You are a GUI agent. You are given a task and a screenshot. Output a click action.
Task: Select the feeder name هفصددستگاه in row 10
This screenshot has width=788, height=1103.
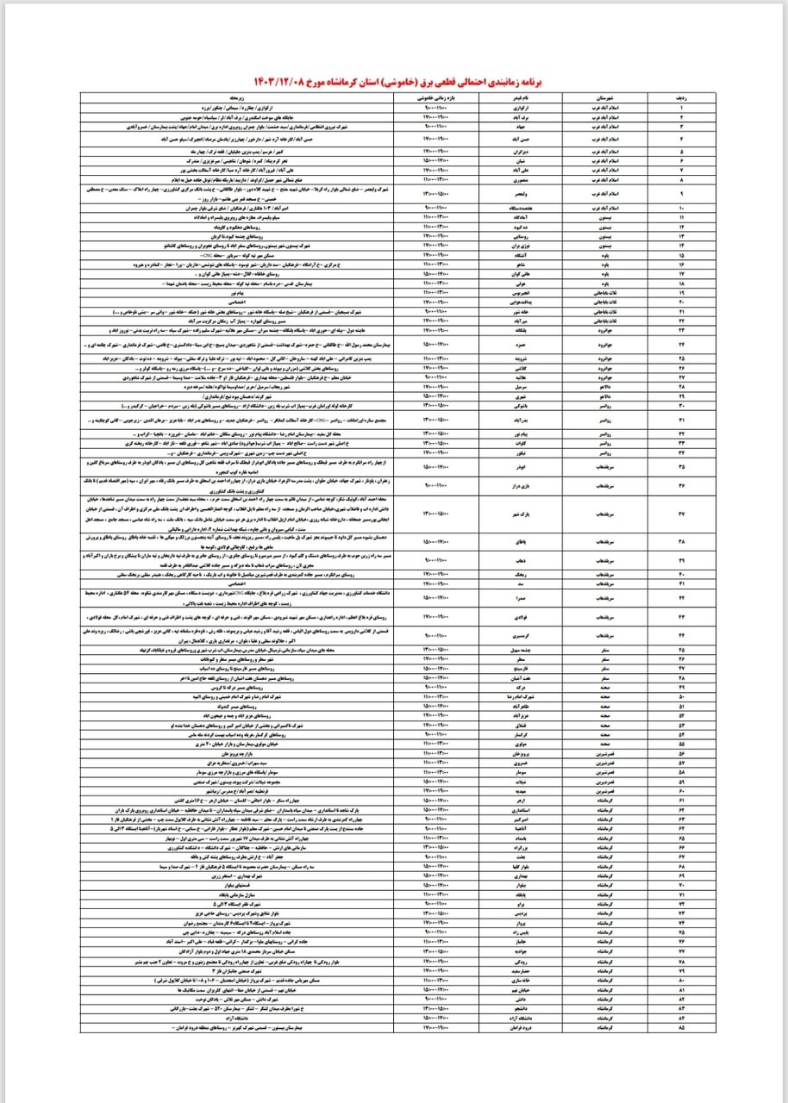point(530,209)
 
